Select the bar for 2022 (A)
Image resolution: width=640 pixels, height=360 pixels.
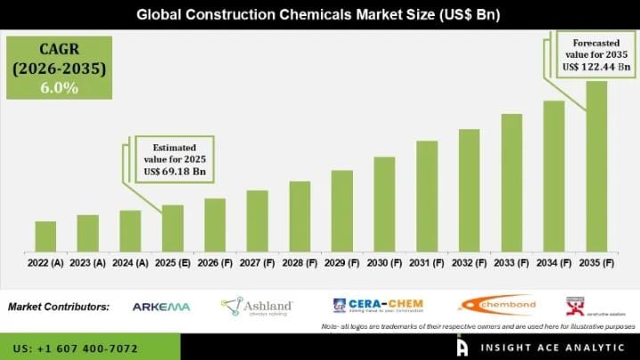tap(45, 236)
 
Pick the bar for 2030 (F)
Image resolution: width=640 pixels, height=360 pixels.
tap(384, 204)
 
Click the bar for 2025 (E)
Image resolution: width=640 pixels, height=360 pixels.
tap(172, 228)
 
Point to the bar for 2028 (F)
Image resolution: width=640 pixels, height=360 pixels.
tap(299, 217)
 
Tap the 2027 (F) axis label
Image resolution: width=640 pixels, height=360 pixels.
tap(257, 263)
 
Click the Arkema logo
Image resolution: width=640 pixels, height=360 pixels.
tap(161, 307)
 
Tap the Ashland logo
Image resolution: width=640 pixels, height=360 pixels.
tap(257, 307)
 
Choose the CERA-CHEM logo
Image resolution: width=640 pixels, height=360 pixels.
tap(378, 306)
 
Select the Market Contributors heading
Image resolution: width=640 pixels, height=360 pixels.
tap(59, 307)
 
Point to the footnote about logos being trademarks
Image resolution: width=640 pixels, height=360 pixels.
tap(478, 327)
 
